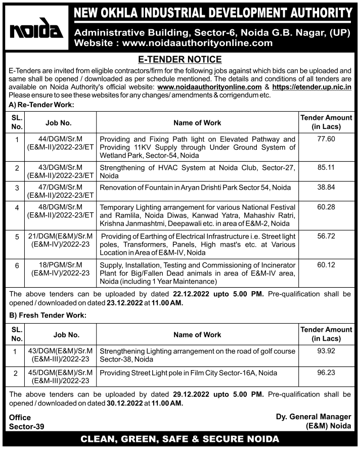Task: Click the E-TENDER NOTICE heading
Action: (x=180, y=59)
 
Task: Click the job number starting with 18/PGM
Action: (x=61, y=269)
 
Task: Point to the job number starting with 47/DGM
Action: (x=61, y=191)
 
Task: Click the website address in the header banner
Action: (x=173, y=43)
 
